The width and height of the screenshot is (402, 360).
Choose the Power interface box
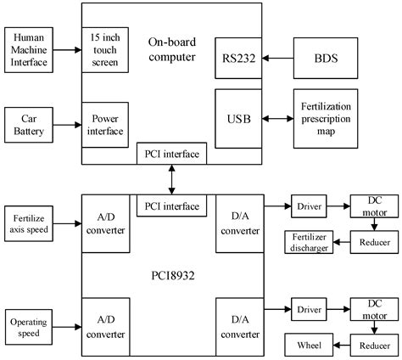click(104, 124)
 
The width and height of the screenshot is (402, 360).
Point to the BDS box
click(323, 59)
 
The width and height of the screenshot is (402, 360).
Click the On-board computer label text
click(171, 49)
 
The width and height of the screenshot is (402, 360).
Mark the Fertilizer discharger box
click(309, 242)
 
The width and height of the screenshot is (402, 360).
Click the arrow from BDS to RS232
click(276, 59)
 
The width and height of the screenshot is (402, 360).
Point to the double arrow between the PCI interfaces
click(171, 181)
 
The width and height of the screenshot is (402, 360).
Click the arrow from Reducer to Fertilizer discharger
click(342, 243)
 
